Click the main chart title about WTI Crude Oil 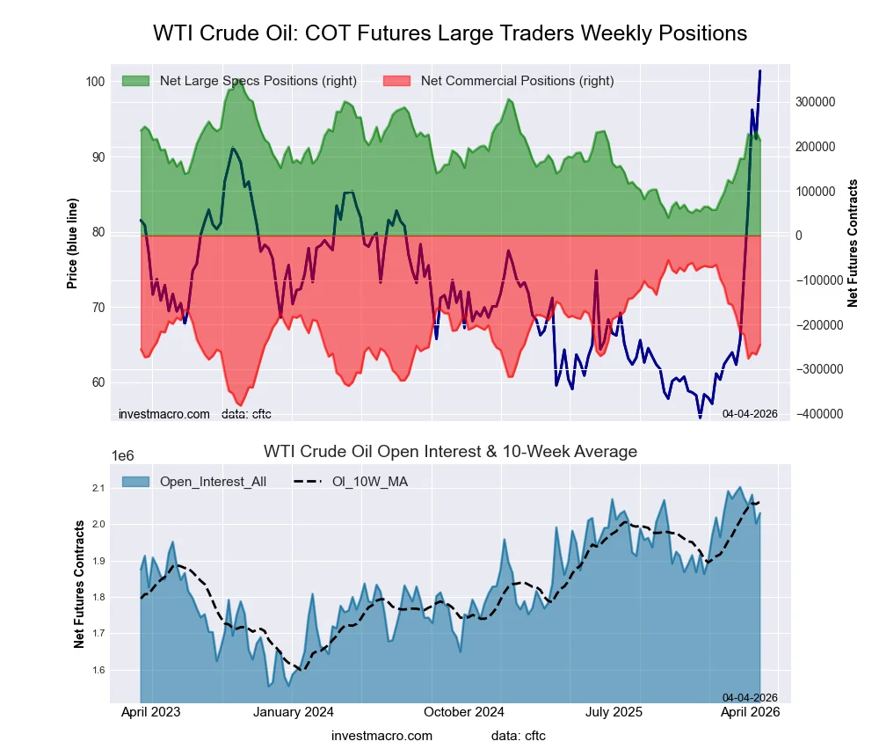point(450,33)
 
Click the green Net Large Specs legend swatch point(136,81)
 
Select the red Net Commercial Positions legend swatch point(397,81)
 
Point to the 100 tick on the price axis point(95,82)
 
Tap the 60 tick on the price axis point(98,382)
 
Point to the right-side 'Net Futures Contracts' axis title point(853,243)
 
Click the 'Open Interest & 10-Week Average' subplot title point(450,452)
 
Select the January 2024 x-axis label point(294,712)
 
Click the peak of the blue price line point(760,70)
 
